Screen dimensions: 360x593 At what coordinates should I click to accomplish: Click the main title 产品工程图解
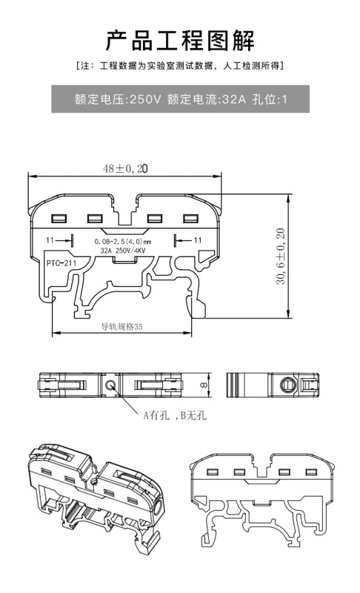coord(180,41)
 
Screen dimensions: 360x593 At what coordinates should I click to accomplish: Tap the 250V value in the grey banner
coord(145,99)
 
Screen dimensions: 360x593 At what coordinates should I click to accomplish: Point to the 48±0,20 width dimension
coord(125,169)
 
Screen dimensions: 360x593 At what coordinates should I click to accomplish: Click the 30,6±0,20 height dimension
coord(281,256)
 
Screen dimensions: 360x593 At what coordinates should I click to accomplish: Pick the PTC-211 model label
coord(61,263)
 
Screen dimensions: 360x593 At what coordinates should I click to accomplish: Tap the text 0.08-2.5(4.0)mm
coord(123,242)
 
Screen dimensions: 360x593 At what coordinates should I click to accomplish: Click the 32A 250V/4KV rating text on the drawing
coord(123,251)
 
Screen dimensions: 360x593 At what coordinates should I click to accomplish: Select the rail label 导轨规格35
coord(122,326)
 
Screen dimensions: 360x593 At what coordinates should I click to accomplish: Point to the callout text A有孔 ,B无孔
coord(175,416)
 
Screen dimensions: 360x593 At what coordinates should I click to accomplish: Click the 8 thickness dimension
coord(204,385)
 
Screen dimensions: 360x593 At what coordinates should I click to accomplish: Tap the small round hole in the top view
coord(110,385)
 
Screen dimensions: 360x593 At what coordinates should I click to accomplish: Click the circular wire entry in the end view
coord(288,385)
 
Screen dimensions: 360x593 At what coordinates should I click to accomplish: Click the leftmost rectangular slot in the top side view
coord(59,219)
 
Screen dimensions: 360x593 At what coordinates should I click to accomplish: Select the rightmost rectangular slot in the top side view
coord(191,218)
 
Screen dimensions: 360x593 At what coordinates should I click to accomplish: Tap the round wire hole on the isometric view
coord(159,506)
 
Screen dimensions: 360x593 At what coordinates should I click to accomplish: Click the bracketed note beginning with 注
coord(180,66)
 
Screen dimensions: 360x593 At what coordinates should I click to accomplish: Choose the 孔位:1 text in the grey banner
coord(270,99)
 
